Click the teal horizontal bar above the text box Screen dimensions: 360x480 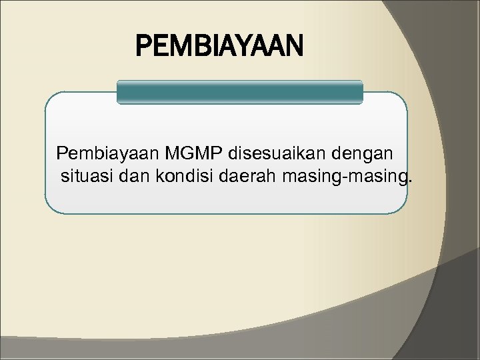point(240,93)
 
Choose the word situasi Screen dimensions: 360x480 point(85,176)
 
